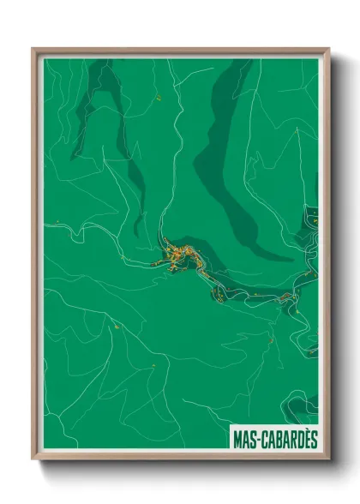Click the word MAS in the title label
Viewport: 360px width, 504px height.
pyautogui.click(x=244, y=439)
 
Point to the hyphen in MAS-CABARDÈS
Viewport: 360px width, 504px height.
pyautogui.click(x=257, y=439)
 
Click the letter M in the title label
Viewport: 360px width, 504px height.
pyautogui.click(x=238, y=439)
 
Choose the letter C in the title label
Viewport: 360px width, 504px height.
pyautogui.click(x=263, y=439)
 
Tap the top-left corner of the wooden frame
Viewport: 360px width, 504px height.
pyautogui.click(x=33, y=50)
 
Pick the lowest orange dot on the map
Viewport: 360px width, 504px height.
pyautogui.click(x=153, y=366)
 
